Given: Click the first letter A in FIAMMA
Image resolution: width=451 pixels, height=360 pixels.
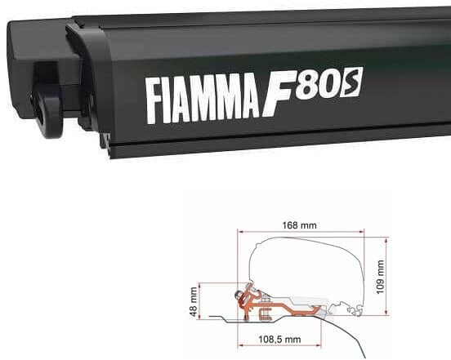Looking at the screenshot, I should (x=172, y=96).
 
